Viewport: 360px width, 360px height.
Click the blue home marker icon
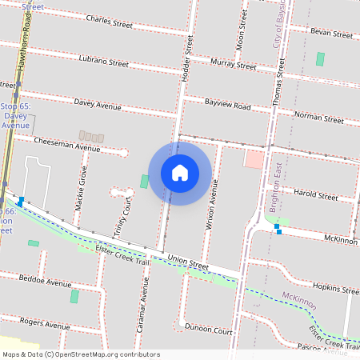179,173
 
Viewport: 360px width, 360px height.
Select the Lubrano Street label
104,61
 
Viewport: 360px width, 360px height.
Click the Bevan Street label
331,34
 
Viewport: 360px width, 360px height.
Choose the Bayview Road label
227,106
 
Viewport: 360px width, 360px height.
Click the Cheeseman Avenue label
67,143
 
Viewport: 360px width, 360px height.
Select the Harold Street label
316,194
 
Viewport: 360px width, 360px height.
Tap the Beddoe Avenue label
45,282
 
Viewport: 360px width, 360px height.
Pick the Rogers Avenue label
45,322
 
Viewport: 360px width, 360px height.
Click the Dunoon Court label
208,329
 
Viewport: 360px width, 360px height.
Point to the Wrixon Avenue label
212,205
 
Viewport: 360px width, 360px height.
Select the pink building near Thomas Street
254,158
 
